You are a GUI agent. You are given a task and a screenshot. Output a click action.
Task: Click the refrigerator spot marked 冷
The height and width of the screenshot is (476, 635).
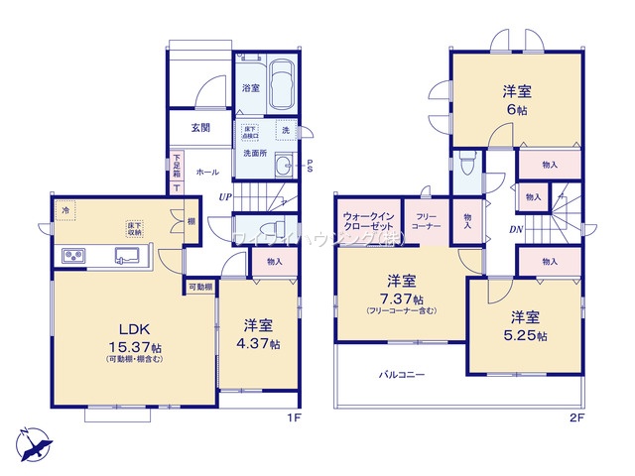[65, 211]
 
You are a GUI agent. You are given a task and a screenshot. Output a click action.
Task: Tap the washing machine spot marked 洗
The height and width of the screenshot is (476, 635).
[285, 131]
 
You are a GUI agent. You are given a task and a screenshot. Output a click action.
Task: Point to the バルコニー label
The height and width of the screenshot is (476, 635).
[401, 376]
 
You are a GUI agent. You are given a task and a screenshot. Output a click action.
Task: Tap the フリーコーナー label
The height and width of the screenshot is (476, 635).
[427, 221]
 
